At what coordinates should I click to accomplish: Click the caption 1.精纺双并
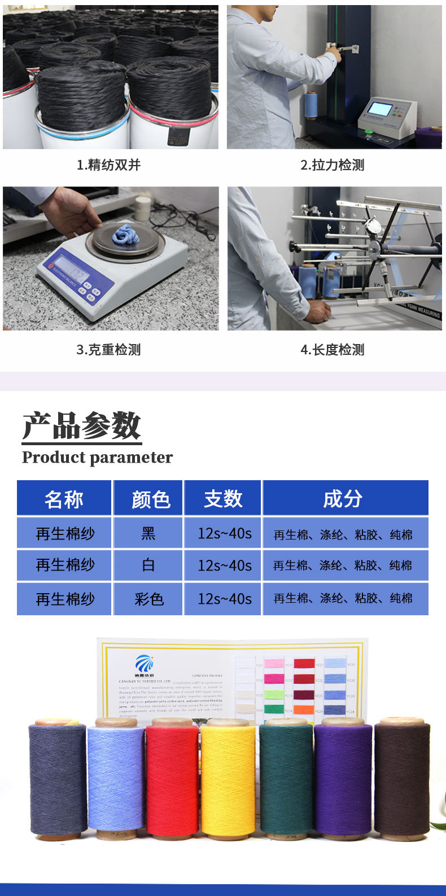pos(108,165)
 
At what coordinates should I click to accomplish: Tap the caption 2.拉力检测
pos(333,165)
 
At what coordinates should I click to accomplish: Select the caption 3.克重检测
pos(108,350)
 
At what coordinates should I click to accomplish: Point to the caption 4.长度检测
pos(333,350)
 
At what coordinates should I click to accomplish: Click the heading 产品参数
pos(82,425)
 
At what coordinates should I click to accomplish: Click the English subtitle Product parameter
pos(97,457)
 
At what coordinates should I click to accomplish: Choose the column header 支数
pos(223,499)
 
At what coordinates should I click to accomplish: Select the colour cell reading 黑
pos(148,533)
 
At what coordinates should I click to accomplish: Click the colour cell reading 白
pos(148,565)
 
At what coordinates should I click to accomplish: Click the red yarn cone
pos(172,780)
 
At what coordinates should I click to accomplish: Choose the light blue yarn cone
pos(116,780)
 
